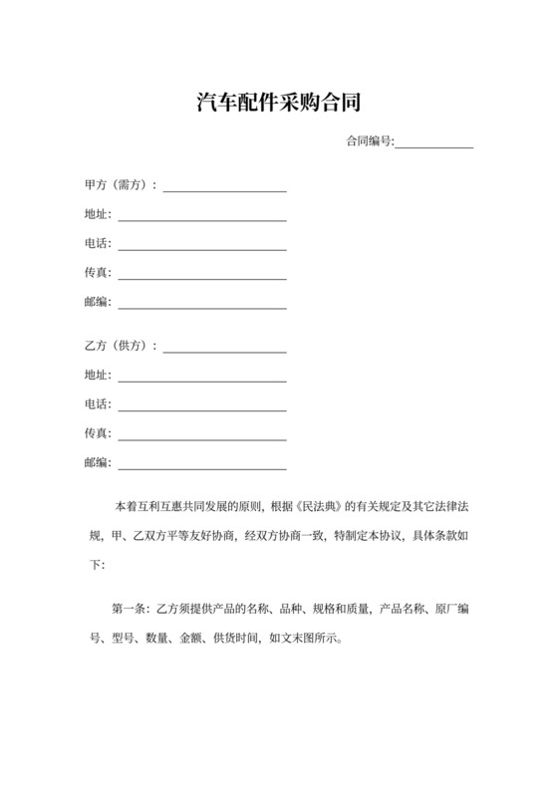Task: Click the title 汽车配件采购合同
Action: point(278,102)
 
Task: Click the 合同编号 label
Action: point(370,141)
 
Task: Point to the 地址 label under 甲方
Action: point(99,214)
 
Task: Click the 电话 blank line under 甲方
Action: point(202,247)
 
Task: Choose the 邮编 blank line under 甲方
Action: point(202,305)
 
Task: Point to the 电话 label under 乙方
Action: point(99,404)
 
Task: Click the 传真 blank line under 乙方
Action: point(202,437)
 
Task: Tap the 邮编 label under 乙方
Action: point(99,462)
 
